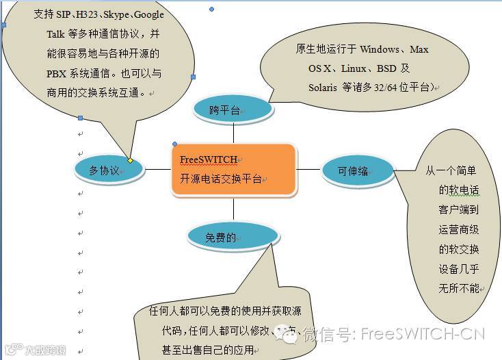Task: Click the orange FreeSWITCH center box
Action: click(x=234, y=170)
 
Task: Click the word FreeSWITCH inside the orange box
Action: click(x=208, y=159)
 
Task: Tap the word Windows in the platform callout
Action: click(x=379, y=49)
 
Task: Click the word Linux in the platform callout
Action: click(x=354, y=68)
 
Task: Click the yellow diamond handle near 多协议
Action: click(x=131, y=160)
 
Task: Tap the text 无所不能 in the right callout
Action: click(x=459, y=289)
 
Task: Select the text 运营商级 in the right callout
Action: click(x=459, y=229)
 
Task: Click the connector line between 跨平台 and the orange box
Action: click(x=233, y=131)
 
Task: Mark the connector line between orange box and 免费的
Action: click(x=233, y=209)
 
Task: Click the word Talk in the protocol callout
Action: click(x=56, y=34)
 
